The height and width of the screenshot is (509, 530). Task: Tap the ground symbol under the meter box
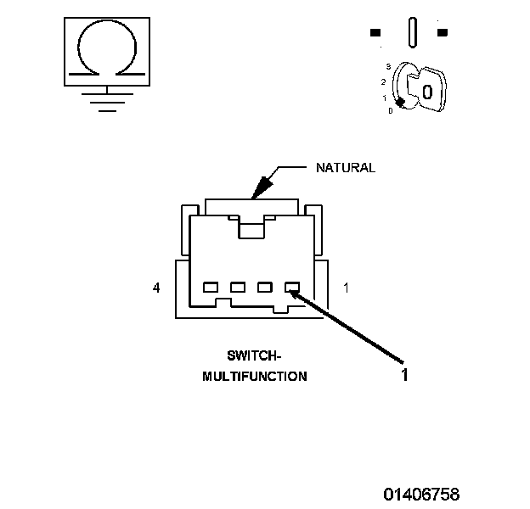coord(105,101)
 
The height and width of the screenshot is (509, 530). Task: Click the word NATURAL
coord(345,168)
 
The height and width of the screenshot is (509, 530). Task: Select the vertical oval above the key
coord(412,33)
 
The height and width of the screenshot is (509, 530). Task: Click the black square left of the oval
coord(375,33)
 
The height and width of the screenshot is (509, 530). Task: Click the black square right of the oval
coord(442,33)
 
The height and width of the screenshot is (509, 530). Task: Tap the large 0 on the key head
coord(427,91)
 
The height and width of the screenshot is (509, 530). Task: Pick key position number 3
coord(387,66)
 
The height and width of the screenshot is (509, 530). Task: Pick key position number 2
coord(384,81)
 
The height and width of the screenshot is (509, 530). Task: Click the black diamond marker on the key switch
coord(399,103)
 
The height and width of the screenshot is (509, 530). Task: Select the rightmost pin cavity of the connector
coord(292,287)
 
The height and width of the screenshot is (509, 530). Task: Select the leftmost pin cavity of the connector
coord(211,287)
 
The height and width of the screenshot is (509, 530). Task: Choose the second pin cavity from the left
coord(238,287)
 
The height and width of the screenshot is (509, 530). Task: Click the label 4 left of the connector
coord(156,288)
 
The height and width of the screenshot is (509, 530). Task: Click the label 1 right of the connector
coord(346,288)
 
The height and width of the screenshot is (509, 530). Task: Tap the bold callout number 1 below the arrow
coord(404,374)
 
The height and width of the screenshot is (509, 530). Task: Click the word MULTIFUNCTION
coord(255,377)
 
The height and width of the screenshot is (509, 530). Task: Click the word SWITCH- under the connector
coord(254,355)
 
